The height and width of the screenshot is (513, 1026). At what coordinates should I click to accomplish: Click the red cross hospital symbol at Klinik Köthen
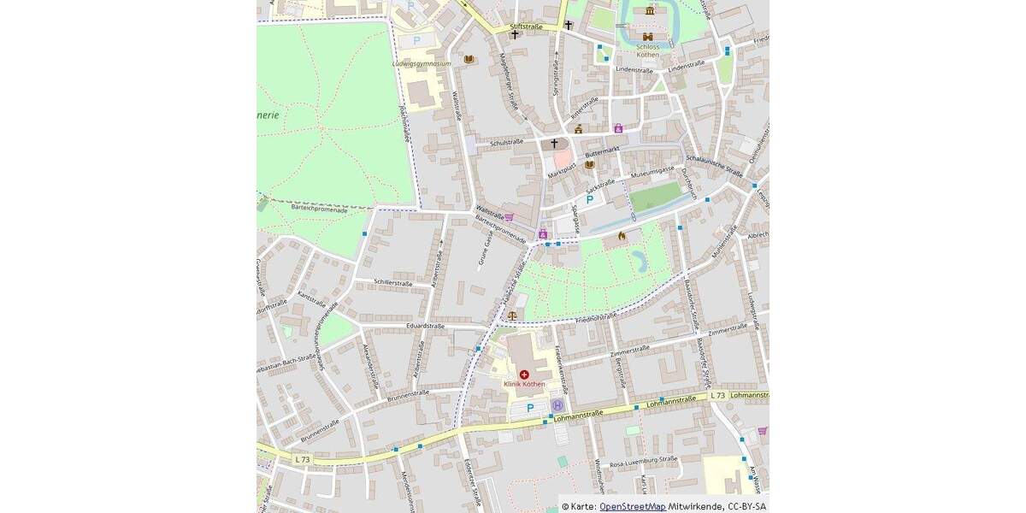click(x=524, y=374)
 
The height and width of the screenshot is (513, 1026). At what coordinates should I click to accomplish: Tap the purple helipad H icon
click(x=557, y=405)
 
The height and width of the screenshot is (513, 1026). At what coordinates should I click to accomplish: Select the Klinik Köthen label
click(x=524, y=385)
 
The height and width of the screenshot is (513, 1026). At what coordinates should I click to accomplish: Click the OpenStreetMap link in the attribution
click(x=632, y=506)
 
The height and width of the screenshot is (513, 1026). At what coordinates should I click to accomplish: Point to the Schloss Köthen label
click(x=648, y=50)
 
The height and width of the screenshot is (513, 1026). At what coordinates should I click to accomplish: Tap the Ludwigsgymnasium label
click(x=422, y=63)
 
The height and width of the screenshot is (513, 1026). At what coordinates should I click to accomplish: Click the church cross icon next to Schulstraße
click(x=554, y=143)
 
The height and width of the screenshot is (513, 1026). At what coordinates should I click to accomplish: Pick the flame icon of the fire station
click(x=622, y=236)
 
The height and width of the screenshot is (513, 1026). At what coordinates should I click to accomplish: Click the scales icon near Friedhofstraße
click(x=512, y=315)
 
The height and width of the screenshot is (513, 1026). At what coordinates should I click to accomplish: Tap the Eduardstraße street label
click(x=425, y=326)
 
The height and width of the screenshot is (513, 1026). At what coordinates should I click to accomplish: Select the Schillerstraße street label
click(x=393, y=282)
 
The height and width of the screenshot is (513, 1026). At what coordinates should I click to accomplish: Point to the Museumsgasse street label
click(x=652, y=175)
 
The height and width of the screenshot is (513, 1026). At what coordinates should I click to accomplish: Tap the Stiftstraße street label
click(x=526, y=27)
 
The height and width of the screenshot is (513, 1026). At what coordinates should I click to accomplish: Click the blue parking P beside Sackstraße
click(x=589, y=199)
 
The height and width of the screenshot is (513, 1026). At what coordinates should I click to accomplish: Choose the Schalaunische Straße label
click(x=714, y=164)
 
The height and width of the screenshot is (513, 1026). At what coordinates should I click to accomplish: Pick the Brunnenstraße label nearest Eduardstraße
click(x=408, y=394)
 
